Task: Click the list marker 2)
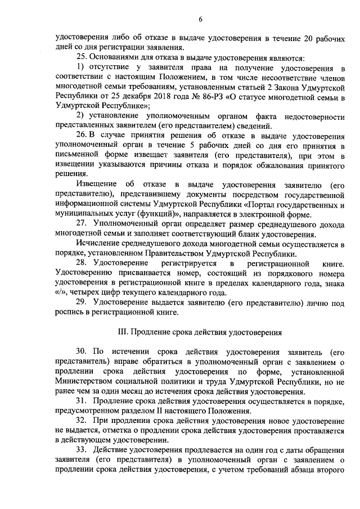pos(80,115)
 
